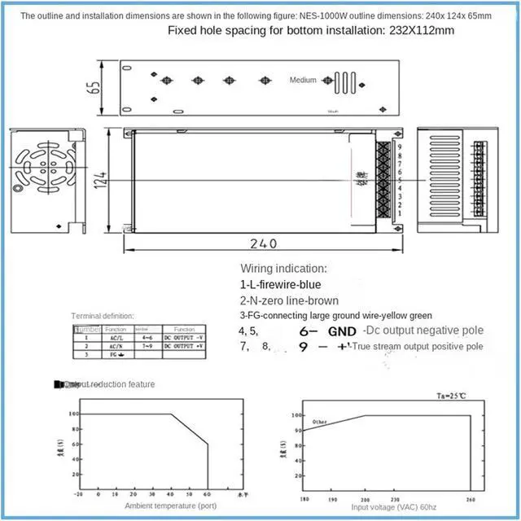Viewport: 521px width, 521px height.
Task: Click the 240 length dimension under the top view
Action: pos(264,243)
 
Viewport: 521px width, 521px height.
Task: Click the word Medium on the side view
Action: pos(303,81)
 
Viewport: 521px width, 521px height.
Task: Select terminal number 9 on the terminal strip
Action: pos(398,147)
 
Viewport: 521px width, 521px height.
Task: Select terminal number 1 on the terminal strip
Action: pos(398,213)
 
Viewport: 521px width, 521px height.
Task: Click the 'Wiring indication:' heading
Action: pos(283,268)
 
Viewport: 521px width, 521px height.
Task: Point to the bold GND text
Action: pos(342,331)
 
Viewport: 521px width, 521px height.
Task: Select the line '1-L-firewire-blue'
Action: pos(280,284)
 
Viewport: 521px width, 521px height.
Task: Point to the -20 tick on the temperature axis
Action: pos(78,493)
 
